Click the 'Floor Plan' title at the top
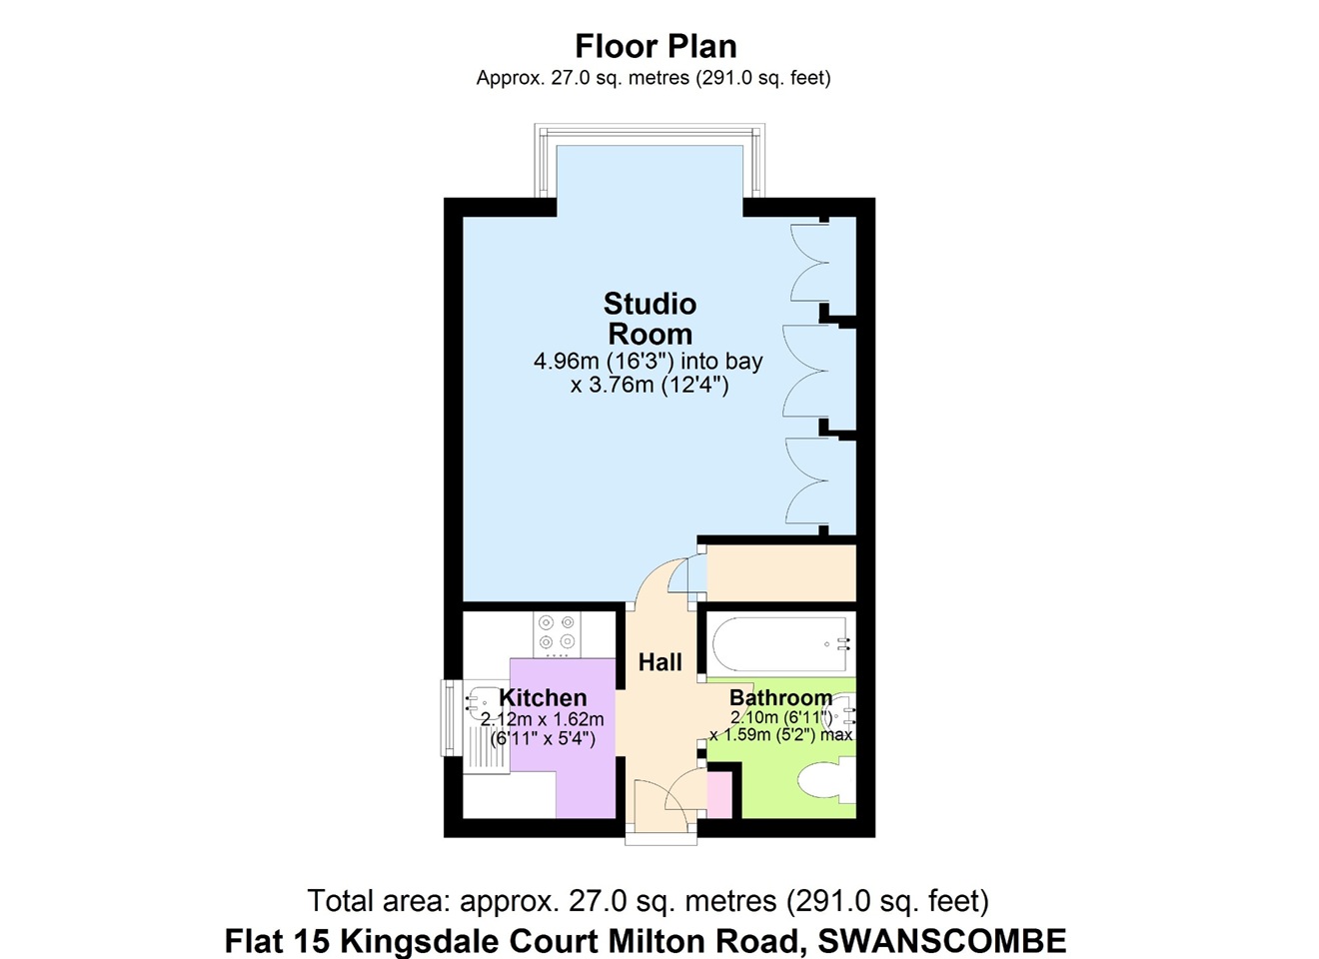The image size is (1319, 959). click(656, 47)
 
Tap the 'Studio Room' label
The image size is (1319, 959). click(651, 319)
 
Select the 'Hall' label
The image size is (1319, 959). click(660, 662)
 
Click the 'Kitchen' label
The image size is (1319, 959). click(543, 697)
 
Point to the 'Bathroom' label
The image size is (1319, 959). click(780, 697)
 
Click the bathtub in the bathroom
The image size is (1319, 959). click(780, 644)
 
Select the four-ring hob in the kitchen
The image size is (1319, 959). click(557, 634)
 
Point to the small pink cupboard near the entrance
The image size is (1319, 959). click(719, 795)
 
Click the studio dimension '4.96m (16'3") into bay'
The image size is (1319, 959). click(648, 361)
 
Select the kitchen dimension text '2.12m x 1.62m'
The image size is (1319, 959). click(543, 719)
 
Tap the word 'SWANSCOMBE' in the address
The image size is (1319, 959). click(941, 941)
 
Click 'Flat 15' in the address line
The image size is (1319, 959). click(277, 941)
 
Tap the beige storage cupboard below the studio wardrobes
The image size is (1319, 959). click(780, 572)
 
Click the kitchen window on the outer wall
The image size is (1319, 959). click(450, 718)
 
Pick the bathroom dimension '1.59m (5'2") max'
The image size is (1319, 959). click(781, 735)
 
